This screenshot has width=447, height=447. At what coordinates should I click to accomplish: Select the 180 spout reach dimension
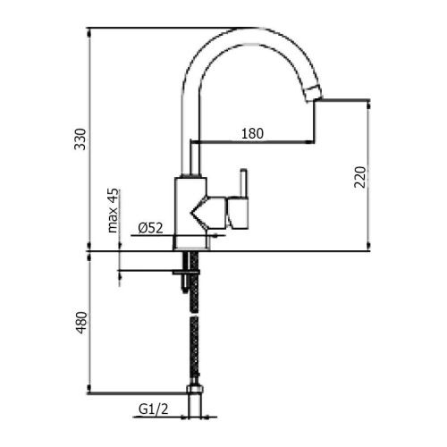click(253, 133)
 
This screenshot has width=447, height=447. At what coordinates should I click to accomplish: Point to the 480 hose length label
click(80, 323)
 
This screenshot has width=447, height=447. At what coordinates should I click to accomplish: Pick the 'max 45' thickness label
click(114, 211)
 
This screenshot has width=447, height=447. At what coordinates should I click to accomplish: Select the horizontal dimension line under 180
click(253, 142)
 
